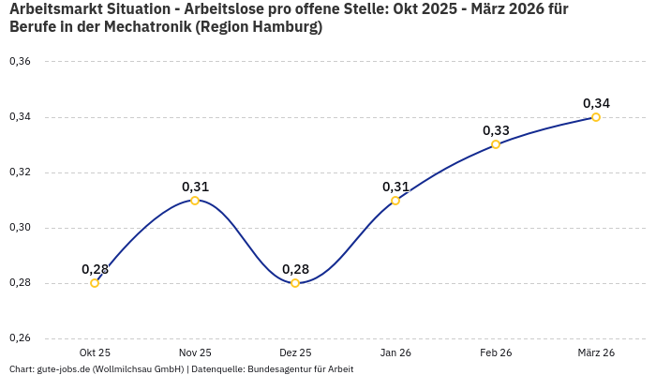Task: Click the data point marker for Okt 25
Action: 95,283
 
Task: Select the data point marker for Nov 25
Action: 195,201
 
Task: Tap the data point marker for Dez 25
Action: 295,283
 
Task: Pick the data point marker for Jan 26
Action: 395,201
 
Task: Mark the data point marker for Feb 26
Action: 496,144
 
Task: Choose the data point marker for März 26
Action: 596,117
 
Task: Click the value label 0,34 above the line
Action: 596,103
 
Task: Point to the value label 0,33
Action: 496,130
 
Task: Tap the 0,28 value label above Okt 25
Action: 95,269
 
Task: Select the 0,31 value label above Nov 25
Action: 195,187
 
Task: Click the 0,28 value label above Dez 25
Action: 295,269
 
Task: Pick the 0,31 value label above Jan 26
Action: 395,187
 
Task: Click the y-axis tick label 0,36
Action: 20,62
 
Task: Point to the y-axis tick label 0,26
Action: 20,338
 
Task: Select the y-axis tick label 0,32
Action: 20,172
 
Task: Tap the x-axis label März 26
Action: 596,352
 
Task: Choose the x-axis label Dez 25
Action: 295,352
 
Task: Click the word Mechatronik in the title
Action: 142,27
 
